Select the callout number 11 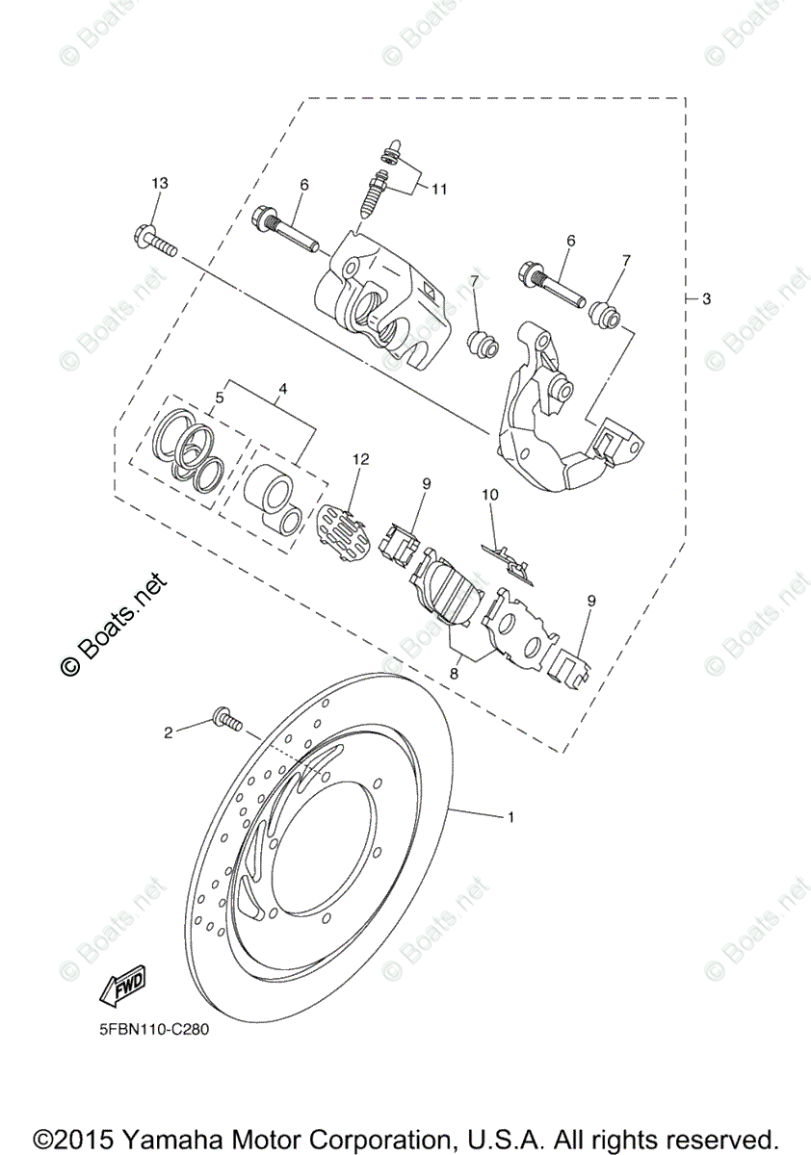439,190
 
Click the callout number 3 706,299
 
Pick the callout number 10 490,495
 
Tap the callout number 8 454,675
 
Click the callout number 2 168,732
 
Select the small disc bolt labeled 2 225,719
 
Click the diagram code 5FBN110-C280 153,1028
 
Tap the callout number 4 283,390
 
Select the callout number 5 219,397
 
